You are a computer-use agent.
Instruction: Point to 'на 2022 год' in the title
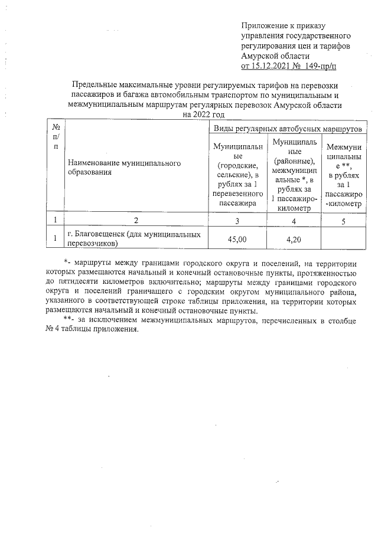click(204, 114)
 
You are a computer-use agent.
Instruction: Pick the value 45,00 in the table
click(237, 240)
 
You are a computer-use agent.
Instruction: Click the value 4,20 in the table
click(294, 240)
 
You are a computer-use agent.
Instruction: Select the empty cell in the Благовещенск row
click(344, 240)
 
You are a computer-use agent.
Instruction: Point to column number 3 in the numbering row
click(237, 221)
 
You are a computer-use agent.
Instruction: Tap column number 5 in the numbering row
click(344, 221)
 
